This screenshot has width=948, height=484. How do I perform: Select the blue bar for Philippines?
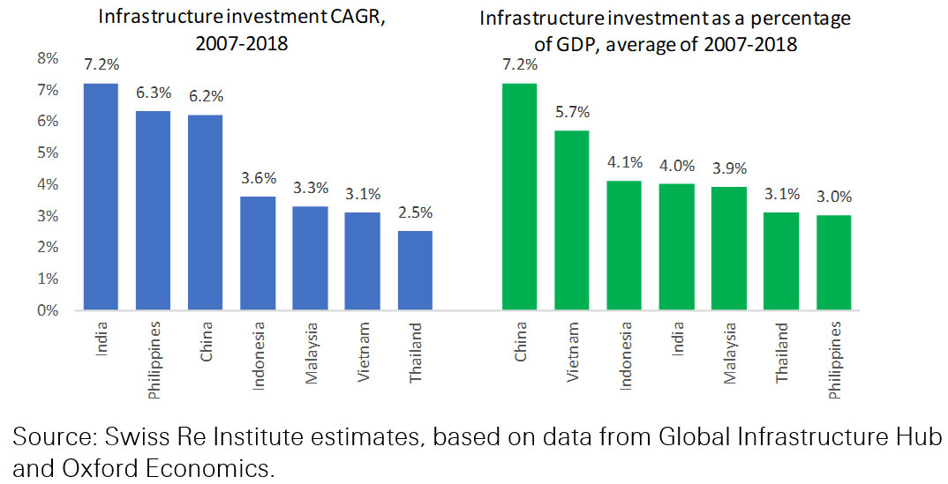click(153, 211)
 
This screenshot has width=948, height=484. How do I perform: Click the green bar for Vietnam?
click(571, 220)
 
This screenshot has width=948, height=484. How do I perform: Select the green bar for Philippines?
click(834, 263)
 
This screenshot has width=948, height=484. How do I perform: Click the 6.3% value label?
click(153, 93)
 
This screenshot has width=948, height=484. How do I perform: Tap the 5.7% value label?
click(571, 112)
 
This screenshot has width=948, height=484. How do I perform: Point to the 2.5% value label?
click(416, 212)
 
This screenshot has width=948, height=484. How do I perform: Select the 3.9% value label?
click(729, 168)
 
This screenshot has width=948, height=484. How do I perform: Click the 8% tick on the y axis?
click(46, 59)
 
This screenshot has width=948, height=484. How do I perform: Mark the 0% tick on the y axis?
click(46, 310)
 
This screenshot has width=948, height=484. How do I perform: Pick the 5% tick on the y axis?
click(46, 153)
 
